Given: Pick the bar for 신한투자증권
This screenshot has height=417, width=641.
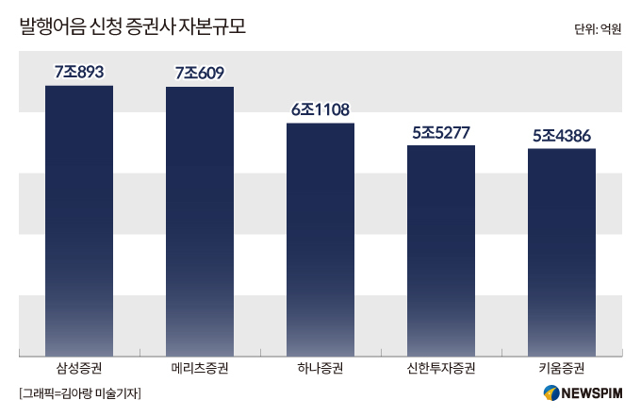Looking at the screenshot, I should click(441, 251).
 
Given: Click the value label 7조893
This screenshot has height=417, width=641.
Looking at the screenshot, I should click(79, 72).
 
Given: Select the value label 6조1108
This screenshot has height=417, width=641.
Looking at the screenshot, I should click(320, 109).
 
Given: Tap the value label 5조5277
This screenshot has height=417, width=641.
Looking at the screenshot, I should click(441, 133).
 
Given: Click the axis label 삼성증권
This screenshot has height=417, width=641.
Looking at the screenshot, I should click(79, 368).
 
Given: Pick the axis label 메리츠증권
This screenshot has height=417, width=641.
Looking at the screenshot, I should click(200, 368).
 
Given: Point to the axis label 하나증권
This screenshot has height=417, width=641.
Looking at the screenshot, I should click(320, 368).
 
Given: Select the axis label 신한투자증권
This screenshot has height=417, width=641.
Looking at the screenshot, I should click(441, 368).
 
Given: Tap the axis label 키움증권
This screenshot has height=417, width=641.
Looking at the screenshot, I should click(562, 368).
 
